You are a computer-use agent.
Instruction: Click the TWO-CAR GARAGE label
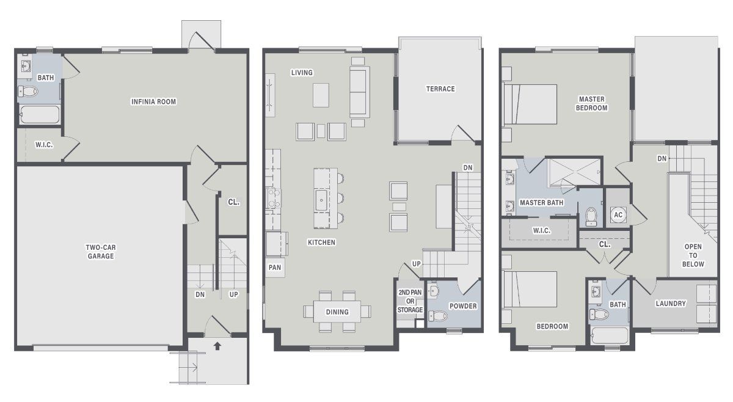101,252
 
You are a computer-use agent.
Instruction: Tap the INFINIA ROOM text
153,102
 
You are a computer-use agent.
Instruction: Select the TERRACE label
440,89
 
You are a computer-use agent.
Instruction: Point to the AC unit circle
618,215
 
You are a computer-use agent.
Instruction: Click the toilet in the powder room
438,316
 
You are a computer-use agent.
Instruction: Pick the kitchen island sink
321,200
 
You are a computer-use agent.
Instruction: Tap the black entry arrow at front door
217,346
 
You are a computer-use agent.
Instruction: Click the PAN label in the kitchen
275,268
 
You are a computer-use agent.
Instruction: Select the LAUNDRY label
671,304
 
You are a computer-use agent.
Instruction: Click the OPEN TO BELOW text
693,255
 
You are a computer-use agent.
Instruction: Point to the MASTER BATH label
542,203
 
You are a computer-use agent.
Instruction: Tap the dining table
337,312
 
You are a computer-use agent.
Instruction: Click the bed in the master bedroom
530,104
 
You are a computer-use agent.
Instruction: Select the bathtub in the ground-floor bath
40,115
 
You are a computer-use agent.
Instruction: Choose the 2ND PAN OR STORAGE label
410,301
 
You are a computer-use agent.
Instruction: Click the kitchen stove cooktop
273,199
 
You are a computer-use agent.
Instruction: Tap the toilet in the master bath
591,217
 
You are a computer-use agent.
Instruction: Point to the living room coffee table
321,95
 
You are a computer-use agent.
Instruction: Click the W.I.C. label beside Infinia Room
44,145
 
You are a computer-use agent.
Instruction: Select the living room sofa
359,92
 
